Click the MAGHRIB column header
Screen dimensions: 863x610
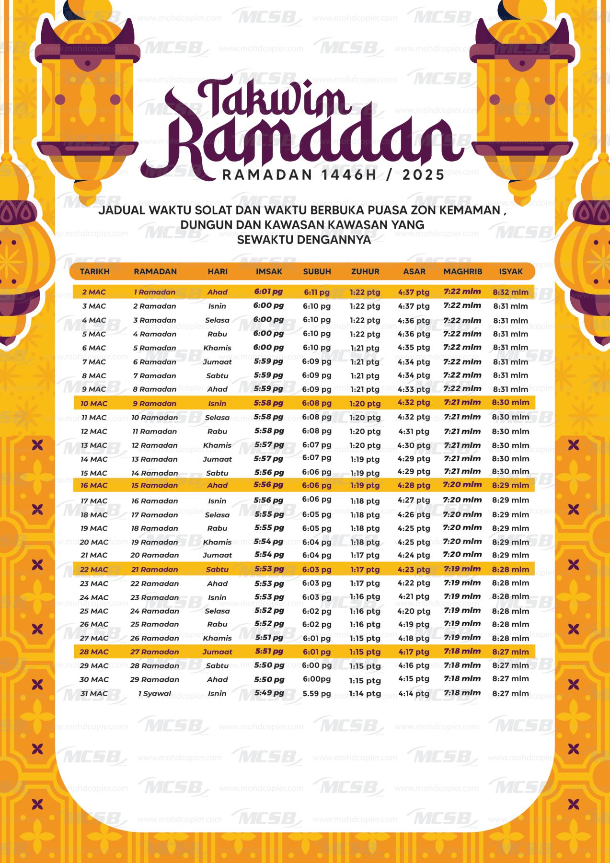coord(462,271)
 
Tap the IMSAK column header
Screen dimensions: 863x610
coord(269,271)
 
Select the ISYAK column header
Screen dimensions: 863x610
coord(511,271)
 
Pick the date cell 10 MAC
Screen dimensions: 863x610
coord(94,403)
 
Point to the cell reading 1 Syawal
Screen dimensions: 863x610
coord(154,693)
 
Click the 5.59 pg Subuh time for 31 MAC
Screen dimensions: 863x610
coord(316,693)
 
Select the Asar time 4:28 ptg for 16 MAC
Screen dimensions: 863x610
coord(414,485)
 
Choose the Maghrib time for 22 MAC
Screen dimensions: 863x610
coord(462,569)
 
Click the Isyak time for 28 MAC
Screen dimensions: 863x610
coord(511,652)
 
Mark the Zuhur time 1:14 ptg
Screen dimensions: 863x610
coord(365,693)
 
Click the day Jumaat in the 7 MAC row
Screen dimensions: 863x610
coord(217,362)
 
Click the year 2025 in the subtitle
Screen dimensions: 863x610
coord(424,175)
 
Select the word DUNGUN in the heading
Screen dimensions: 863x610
coord(206,225)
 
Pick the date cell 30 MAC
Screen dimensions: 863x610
coord(94,679)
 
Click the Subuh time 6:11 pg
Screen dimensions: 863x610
coord(316,292)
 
